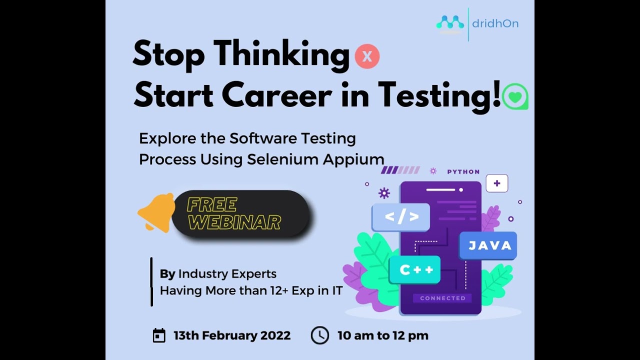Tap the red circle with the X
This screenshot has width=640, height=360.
pos(367,56)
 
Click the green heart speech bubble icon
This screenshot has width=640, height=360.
pos(515,96)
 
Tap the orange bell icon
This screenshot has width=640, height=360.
pos(155,212)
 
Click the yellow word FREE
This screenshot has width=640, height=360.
pos(211,205)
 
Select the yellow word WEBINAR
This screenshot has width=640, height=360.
pos(234,222)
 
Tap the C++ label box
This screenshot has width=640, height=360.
pos(414,270)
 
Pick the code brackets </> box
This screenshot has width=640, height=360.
pos(401,217)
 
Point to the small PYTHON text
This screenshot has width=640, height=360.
pos(463,171)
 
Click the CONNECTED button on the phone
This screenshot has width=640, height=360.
pos(442,298)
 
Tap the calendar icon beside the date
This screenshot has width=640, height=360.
pos(159,335)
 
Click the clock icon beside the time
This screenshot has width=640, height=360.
pos(320,335)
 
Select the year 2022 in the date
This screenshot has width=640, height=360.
pos(275,335)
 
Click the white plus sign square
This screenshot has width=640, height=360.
pos(496,183)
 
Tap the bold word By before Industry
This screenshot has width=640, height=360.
pos(167,274)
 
